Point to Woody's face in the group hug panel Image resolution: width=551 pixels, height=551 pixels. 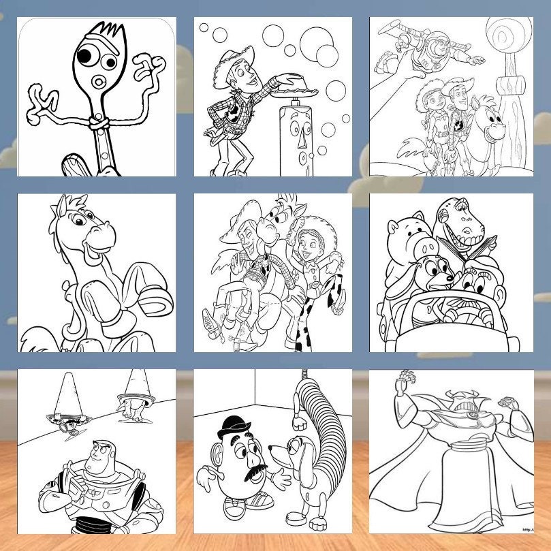pyautogui.click(x=253, y=238)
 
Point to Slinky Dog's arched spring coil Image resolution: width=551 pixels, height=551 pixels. pyautogui.click(x=321, y=415)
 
